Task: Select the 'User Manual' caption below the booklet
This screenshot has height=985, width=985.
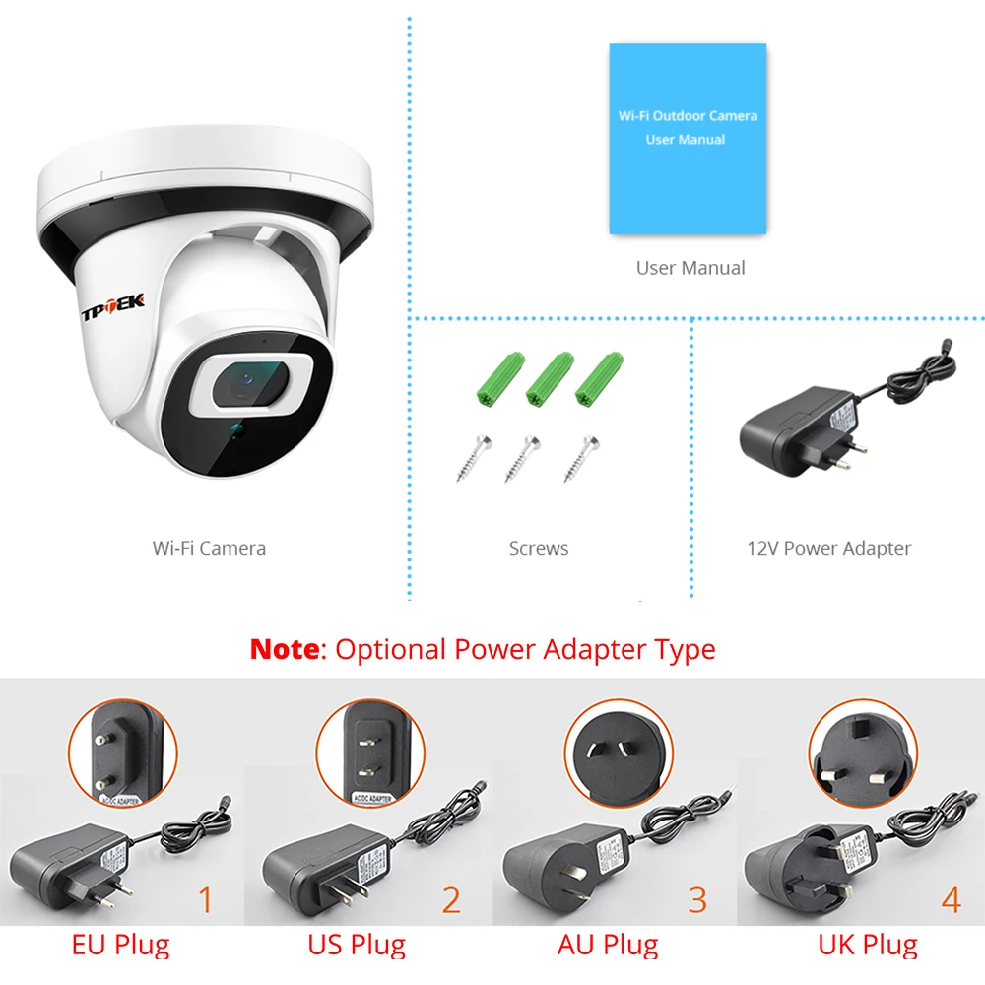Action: (x=689, y=268)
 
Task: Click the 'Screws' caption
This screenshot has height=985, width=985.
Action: (x=539, y=549)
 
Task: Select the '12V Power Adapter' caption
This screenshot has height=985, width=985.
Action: (x=828, y=549)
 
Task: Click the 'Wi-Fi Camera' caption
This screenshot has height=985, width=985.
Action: (x=209, y=549)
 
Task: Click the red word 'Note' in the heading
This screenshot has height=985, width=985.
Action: (x=285, y=650)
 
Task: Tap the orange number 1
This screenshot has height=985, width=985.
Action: (x=205, y=900)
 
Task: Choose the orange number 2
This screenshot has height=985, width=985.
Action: (x=450, y=900)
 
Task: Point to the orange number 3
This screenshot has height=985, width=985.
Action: (x=697, y=900)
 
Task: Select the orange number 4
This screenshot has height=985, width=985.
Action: (x=950, y=900)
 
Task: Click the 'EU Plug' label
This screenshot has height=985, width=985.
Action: (x=120, y=947)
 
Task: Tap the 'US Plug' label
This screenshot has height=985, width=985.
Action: (x=357, y=947)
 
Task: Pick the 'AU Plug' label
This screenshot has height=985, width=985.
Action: (x=607, y=947)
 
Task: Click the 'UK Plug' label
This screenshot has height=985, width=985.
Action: (x=867, y=947)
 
